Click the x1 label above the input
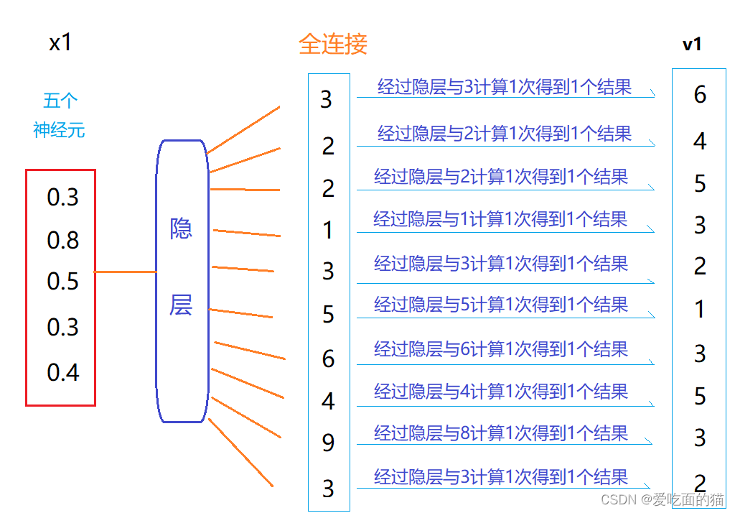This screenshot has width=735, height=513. click(60, 43)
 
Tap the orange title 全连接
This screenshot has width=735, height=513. click(332, 45)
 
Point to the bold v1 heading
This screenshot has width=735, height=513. click(692, 45)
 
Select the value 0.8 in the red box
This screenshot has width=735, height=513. click(63, 240)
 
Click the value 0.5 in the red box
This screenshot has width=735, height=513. click(63, 281)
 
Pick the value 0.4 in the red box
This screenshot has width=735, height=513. click(63, 372)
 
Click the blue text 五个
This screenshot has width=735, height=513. click(60, 101)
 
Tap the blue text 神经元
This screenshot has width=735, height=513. click(59, 130)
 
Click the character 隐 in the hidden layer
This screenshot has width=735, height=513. click(181, 228)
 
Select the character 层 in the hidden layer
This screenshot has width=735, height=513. click(181, 305)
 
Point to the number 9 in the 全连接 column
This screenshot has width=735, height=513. click(328, 443)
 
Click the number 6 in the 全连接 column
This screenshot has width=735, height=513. click(328, 358)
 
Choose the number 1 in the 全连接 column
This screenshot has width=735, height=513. click(328, 231)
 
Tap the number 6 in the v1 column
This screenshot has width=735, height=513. click(700, 94)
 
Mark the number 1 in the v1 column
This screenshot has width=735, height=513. click(700, 310)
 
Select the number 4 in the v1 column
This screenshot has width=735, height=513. click(700, 141)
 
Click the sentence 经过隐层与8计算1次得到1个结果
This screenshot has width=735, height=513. click(501, 433)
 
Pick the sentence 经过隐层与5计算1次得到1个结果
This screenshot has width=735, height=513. click(501, 305)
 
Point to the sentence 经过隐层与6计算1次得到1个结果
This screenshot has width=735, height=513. click(501, 349)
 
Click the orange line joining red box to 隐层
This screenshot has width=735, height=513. click(126, 272)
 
